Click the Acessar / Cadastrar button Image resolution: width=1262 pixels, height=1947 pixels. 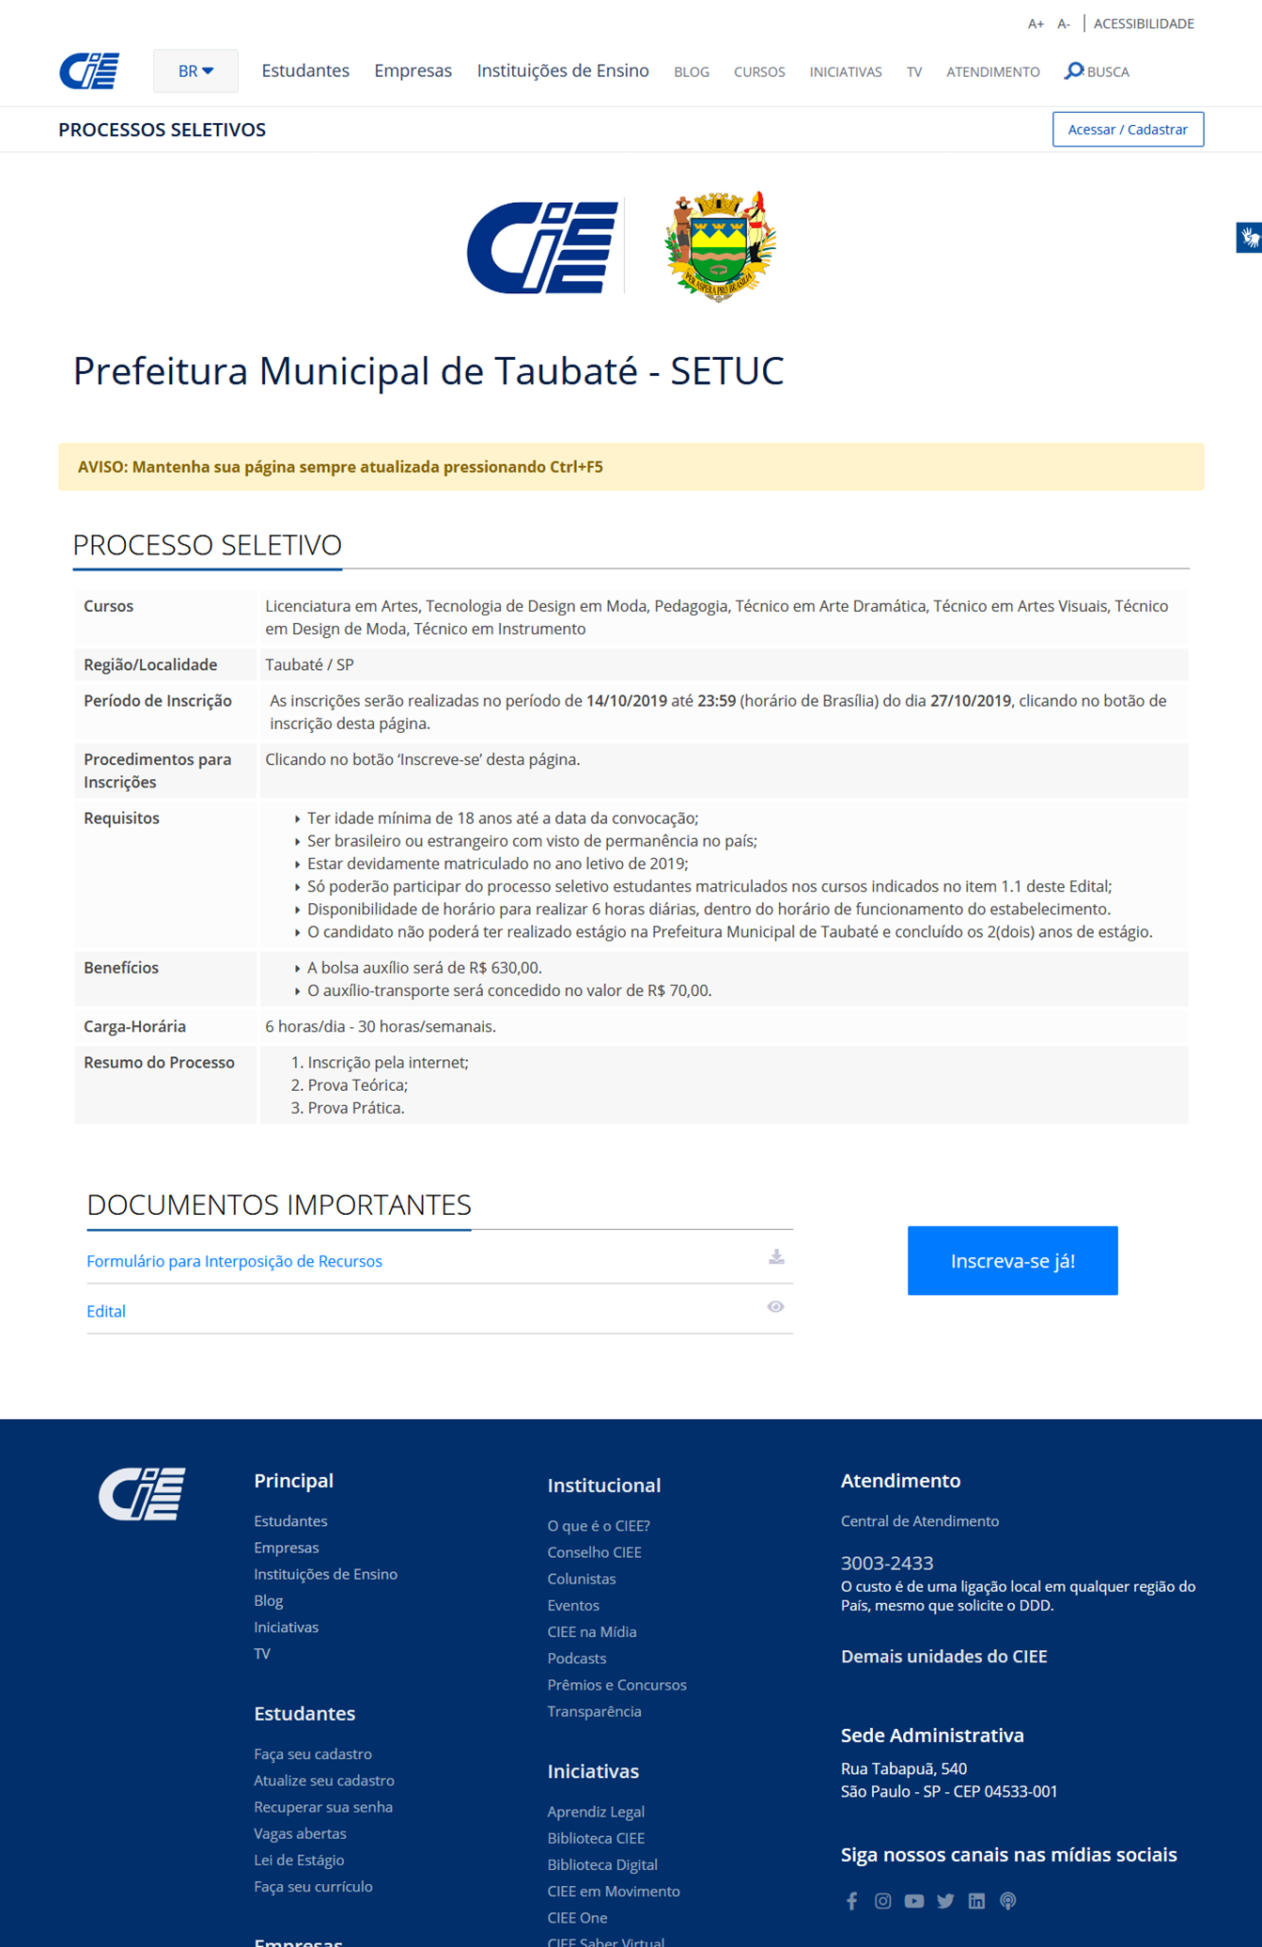click(1127, 130)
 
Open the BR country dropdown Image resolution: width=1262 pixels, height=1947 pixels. click(195, 71)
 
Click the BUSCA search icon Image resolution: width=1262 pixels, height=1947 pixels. click(1073, 71)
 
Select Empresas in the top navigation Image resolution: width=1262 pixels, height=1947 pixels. click(413, 70)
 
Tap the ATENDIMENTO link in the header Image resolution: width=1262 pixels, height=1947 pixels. click(992, 72)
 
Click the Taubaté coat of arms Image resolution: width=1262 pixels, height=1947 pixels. click(720, 246)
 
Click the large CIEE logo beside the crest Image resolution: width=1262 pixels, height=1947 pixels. click(542, 247)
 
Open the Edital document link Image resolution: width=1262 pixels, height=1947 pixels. click(106, 1311)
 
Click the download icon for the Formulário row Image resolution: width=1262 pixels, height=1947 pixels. click(776, 1257)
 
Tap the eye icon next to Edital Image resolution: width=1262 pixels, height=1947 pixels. click(775, 1307)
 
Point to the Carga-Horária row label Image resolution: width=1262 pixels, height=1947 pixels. click(134, 1026)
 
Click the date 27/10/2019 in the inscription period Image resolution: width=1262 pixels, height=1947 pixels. click(970, 701)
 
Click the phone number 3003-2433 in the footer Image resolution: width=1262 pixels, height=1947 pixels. click(886, 1563)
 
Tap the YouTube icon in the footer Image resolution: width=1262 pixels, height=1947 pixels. click(913, 1901)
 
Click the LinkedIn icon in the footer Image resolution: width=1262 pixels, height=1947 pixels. click(976, 1901)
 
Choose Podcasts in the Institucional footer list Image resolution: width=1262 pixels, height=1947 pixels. click(576, 1659)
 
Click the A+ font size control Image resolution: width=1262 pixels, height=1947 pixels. click(1035, 24)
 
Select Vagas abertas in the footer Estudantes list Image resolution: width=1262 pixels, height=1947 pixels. click(300, 1833)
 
